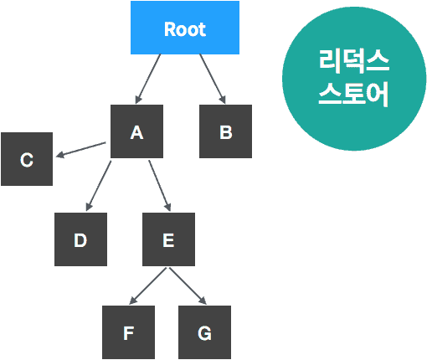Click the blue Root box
pos(185,28)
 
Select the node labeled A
pos(136,131)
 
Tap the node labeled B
pos(225,131)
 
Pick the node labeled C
pos(27,159)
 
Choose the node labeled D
pos(80,239)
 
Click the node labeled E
pos(168,239)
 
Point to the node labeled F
pos(128,332)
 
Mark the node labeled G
pos(204,332)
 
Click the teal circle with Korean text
pos(352,80)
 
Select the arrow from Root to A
pos(148,79)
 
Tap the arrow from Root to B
pos(213,79)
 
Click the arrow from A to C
pos(81,149)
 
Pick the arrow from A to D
pos(99,185)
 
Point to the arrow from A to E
pos(160,185)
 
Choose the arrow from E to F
pos(148,285)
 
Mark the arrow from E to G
pos(187,285)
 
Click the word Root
pos(185,28)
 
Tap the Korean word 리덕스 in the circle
pos(353,61)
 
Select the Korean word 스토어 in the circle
pos(353,94)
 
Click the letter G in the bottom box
pos(204,332)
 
